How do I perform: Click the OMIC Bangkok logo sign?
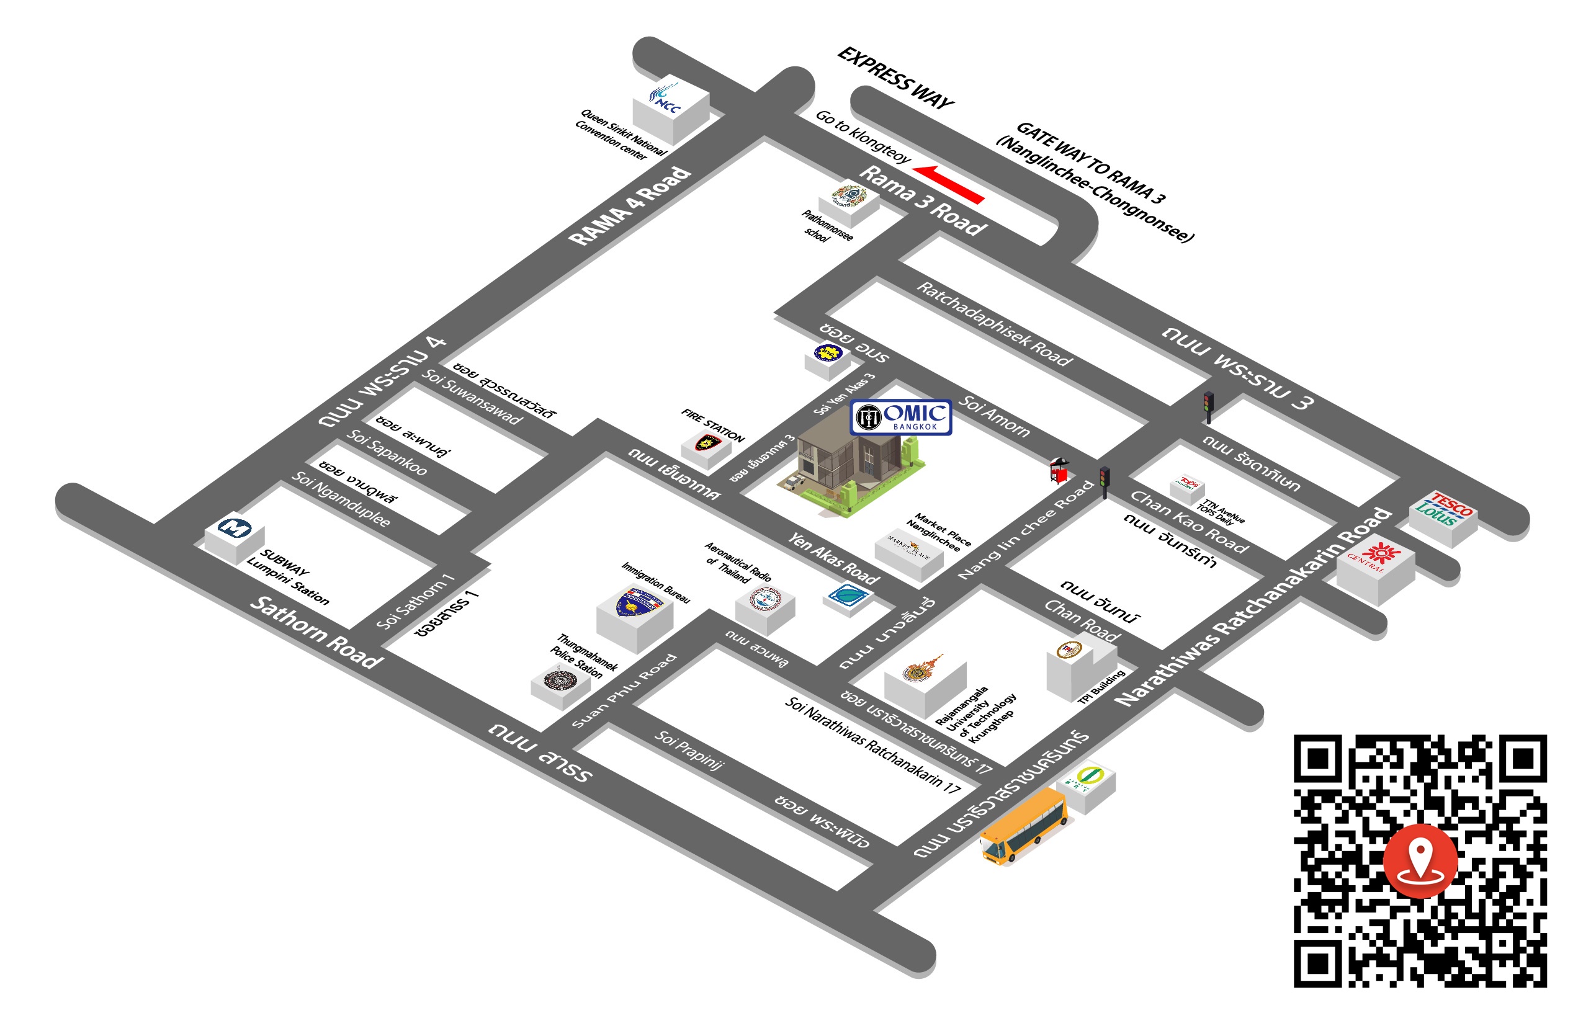click(900, 417)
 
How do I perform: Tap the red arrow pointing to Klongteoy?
click(948, 184)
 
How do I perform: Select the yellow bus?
click(1023, 826)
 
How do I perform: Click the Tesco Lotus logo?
click(1443, 509)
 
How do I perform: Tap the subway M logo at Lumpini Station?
click(235, 527)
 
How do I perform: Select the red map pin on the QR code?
click(1420, 860)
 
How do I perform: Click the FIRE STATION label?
click(712, 425)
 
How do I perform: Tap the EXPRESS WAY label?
click(895, 78)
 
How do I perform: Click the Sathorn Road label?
click(316, 632)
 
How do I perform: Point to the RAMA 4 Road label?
click(630, 206)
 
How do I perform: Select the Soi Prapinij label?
click(688, 749)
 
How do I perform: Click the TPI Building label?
click(1101, 687)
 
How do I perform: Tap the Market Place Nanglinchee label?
click(938, 531)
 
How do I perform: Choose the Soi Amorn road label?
click(994, 416)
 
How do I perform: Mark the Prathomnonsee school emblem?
click(848, 195)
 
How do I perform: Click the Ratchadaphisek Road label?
click(993, 323)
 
